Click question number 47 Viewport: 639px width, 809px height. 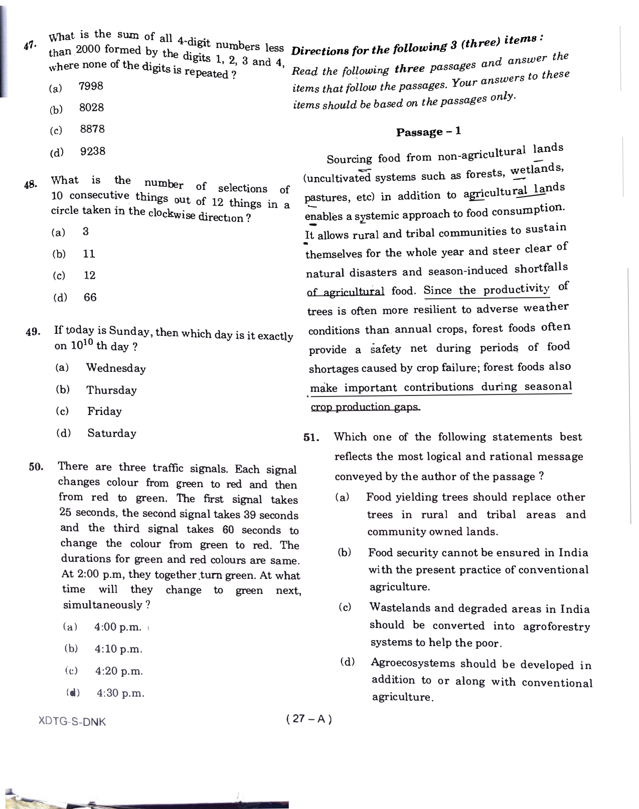coord(29,46)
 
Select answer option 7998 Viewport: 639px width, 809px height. coord(91,86)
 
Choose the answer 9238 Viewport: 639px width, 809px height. coord(93,151)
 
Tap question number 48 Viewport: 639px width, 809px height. coord(30,184)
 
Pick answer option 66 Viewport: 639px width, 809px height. coord(90,297)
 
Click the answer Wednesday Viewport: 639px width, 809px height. coord(116,368)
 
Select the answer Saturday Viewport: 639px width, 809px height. coord(111,433)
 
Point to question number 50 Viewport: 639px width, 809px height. coord(37,467)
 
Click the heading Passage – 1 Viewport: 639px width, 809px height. coord(428,132)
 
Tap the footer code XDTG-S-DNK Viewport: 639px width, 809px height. coord(72,722)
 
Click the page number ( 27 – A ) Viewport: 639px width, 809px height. coord(309,719)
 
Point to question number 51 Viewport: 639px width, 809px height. coord(311,437)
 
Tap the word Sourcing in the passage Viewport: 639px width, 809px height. coord(349,159)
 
